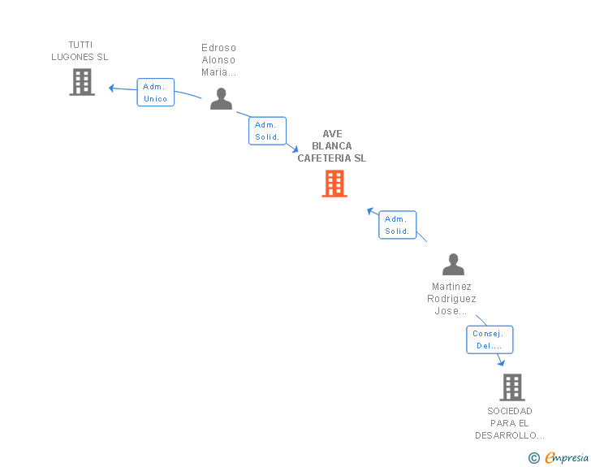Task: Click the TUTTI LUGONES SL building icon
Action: tap(82, 82)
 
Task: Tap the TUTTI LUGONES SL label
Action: tap(80, 51)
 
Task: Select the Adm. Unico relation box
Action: tap(155, 93)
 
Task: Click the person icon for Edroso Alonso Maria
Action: tap(221, 98)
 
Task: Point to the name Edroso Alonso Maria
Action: tap(219, 59)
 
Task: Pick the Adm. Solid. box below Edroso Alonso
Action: tap(267, 131)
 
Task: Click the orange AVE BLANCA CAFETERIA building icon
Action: tap(334, 184)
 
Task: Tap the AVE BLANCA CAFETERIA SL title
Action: tap(331, 146)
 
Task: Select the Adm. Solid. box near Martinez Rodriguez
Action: tap(397, 225)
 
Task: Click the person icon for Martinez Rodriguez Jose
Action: tap(453, 265)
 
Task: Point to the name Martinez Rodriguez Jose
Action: tap(451, 299)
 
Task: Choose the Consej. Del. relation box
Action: tap(490, 339)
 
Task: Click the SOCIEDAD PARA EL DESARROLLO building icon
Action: tap(512, 387)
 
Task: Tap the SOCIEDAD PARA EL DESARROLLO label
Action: tap(510, 423)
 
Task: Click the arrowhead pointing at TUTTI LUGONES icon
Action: tap(113, 88)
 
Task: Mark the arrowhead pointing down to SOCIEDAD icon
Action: tap(501, 362)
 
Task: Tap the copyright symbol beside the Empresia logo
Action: tap(534, 459)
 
